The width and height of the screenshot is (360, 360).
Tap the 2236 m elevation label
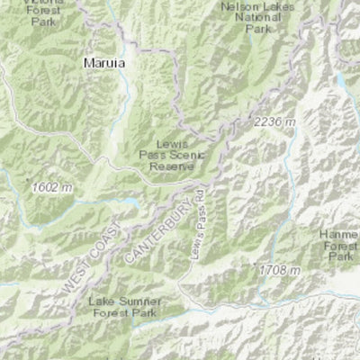pos(274,121)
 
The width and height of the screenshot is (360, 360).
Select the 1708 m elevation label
pos(277,269)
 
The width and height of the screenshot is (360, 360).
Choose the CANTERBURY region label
pos(146,231)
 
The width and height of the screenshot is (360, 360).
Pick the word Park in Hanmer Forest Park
pos(340,256)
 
